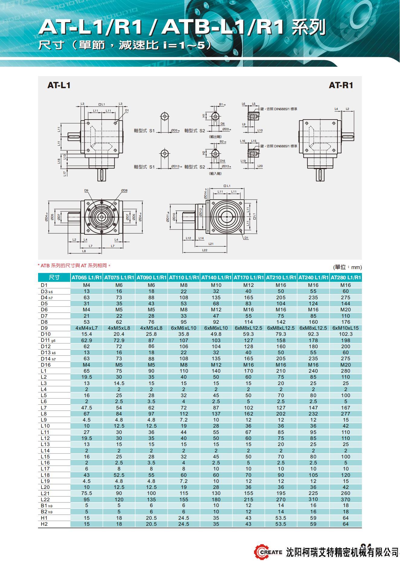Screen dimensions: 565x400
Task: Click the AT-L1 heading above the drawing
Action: (x=59, y=85)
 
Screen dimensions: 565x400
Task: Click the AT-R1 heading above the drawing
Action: (x=341, y=85)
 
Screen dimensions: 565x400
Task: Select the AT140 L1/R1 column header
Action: (x=216, y=278)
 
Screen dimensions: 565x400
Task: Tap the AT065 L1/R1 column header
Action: (x=86, y=278)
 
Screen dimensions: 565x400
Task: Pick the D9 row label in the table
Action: (x=44, y=328)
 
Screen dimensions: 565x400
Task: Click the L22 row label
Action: (x=45, y=499)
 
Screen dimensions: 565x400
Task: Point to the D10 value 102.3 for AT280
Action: (x=346, y=334)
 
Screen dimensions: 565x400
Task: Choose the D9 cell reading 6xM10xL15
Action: (x=346, y=328)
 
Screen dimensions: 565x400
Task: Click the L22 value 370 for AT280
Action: (x=346, y=499)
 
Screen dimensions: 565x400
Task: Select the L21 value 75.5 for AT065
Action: (x=86, y=493)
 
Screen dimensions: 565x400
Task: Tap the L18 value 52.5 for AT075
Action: (x=119, y=475)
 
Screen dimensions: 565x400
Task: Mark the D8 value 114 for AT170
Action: (x=248, y=322)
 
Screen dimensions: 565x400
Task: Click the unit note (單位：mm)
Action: (x=347, y=267)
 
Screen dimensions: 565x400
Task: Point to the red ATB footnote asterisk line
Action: (x=74, y=266)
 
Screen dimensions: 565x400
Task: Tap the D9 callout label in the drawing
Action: (x=86, y=191)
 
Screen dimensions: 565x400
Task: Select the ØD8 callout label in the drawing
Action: (x=124, y=191)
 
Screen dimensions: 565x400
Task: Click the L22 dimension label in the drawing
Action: (x=205, y=250)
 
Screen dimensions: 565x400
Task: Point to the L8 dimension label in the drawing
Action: (x=84, y=251)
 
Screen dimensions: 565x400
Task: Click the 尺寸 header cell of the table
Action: (x=54, y=278)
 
